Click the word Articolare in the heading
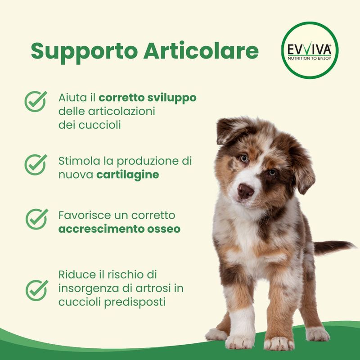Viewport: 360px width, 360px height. (x=201, y=50)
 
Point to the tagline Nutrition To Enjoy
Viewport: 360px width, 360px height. (x=310, y=58)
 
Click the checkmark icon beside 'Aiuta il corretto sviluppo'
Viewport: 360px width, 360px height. (x=36, y=101)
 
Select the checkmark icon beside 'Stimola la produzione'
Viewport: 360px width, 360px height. (x=36, y=165)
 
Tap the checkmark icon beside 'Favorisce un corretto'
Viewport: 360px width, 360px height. (x=37, y=219)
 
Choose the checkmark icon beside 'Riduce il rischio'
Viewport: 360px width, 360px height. (x=37, y=290)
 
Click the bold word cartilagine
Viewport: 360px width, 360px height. (x=128, y=175)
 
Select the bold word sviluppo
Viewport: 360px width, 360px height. (x=172, y=98)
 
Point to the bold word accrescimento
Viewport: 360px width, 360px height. (x=101, y=229)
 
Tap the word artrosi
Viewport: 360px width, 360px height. (x=153, y=288)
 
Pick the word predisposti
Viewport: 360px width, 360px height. (x=135, y=302)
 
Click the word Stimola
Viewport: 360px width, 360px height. (x=79, y=161)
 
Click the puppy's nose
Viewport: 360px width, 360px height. (x=245, y=191)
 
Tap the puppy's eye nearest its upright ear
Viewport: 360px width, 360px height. (x=244, y=158)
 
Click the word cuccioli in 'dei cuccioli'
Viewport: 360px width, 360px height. (x=99, y=126)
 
